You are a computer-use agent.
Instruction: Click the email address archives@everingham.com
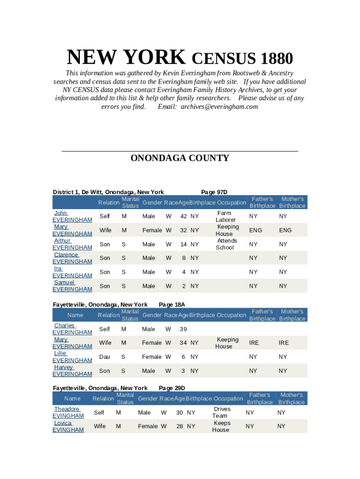click(x=219, y=107)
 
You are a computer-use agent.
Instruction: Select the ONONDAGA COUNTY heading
click(x=180, y=158)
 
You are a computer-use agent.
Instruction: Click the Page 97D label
click(x=214, y=192)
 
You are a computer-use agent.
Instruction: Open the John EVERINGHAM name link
click(x=72, y=216)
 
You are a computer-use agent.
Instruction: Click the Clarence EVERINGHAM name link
click(x=72, y=258)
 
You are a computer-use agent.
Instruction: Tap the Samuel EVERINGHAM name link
click(x=72, y=286)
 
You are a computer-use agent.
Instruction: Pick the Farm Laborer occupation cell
click(x=225, y=216)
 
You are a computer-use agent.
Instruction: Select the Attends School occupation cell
click(x=227, y=244)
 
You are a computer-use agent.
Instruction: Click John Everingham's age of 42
click(x=184, y=216)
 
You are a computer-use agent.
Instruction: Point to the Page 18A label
click(x=172, y=305)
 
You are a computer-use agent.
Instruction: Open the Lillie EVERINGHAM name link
click(x=72, y=356)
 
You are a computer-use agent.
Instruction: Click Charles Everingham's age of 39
click(x=183, y=329)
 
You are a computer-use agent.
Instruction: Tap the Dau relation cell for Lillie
click(x=105, y=357)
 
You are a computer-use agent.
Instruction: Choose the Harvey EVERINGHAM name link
click(x=72, y=370)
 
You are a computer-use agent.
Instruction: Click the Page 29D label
click(x=172, y=388)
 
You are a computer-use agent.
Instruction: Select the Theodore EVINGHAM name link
click(x=68, y=412)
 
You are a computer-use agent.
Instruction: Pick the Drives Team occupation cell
click(x=221, y=412)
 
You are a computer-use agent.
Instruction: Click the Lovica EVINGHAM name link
click(x=68, y=426)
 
